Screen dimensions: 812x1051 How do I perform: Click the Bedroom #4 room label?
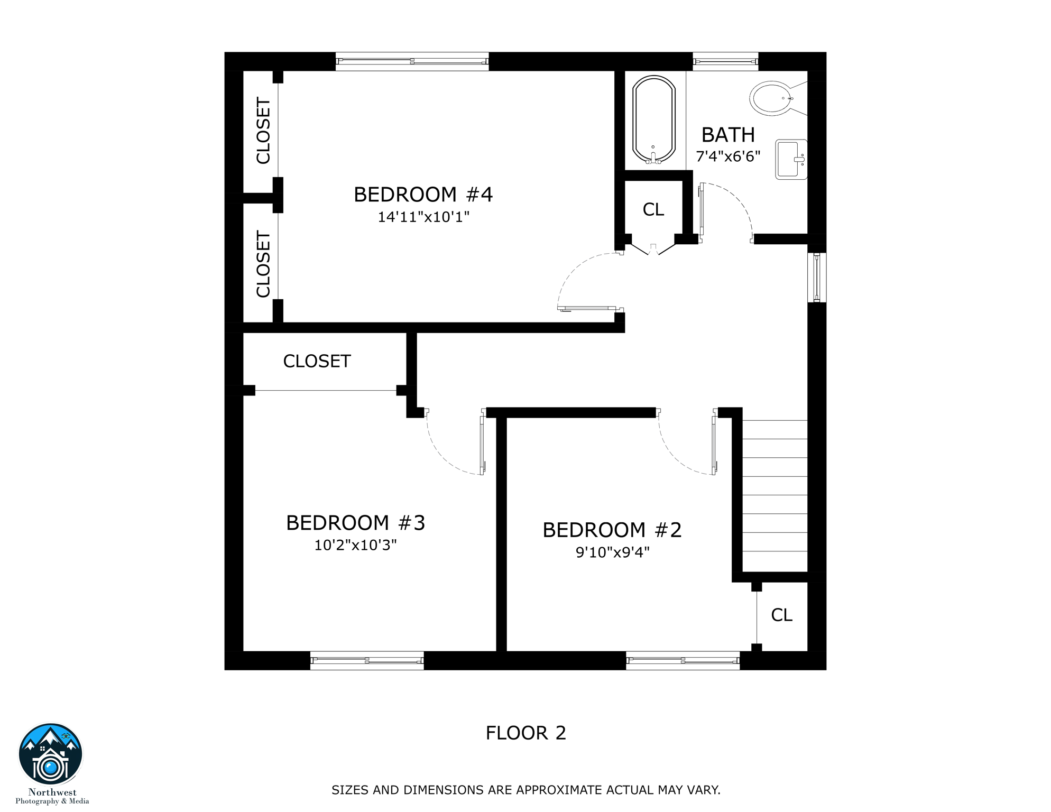[423, 195]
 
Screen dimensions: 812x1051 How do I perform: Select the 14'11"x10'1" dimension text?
[423, 217]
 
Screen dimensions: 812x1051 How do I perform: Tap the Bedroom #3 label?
[355, 523]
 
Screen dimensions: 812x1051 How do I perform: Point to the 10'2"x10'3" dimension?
[355, 545]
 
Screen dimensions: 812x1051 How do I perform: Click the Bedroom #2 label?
[612, 530]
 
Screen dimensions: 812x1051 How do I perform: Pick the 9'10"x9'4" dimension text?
[612, 552]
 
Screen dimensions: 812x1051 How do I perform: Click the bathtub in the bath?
[653, 119]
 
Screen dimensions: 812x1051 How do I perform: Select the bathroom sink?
[790, 159]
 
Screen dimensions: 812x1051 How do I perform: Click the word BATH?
[727, 135]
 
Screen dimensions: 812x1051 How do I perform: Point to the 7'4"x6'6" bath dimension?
[727, 156]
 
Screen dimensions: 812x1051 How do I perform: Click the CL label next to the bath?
[653, 210]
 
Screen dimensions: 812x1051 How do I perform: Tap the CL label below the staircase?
[781, 615]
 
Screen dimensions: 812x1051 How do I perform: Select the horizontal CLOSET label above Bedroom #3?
[317, 362]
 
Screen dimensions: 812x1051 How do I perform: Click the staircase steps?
[775, 494]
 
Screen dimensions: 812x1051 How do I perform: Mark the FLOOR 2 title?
[525, 733]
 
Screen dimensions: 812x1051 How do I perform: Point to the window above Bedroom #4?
[412, 61]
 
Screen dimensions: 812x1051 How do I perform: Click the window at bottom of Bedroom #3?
[366, 660]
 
